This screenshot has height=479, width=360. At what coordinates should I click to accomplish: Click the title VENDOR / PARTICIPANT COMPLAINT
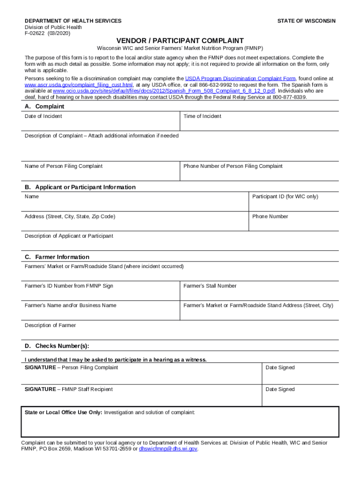coord(180,41)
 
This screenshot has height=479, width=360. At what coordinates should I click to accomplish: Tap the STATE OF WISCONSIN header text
coord(306,21)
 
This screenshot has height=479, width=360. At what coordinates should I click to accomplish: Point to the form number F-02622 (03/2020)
coord(47,33)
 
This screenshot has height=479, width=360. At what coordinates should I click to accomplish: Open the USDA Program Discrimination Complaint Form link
coord(240,79)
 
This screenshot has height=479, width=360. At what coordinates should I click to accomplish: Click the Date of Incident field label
coord(43,116)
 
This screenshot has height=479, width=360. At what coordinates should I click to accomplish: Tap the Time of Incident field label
coord(202,116)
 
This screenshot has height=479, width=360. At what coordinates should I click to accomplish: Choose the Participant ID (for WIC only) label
coord(285,196)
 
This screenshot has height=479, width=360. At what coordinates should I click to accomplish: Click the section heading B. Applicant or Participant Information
coord(80,187)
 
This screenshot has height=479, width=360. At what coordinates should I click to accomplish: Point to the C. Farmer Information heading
coord(57,257)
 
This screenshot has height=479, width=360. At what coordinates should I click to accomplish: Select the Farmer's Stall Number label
coord(210,286)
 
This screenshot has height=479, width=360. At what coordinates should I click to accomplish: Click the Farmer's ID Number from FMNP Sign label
coord(69,286)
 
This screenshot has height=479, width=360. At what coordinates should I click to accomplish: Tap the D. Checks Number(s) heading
coord(57,346)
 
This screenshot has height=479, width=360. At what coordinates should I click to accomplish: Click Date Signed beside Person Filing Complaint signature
coord(280,368)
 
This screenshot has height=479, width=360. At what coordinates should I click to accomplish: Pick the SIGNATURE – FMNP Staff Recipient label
coord(69,389)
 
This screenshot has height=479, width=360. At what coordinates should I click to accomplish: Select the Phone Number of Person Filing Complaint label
coord(233,166)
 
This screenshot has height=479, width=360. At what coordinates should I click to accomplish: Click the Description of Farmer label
coord(50,325)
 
